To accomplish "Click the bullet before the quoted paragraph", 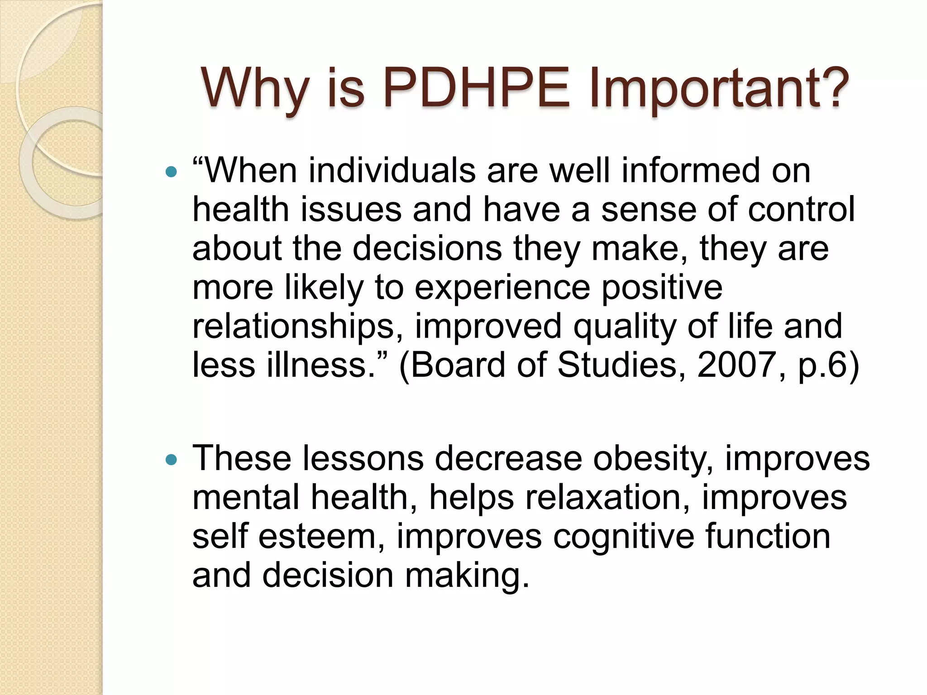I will click(x=171, y=172).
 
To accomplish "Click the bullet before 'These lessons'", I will click(x=171, y=460).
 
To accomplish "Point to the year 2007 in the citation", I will click(x=736, y=365).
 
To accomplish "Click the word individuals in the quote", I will click(x=392, y=171).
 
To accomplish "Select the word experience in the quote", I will click(x=502, y=288).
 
